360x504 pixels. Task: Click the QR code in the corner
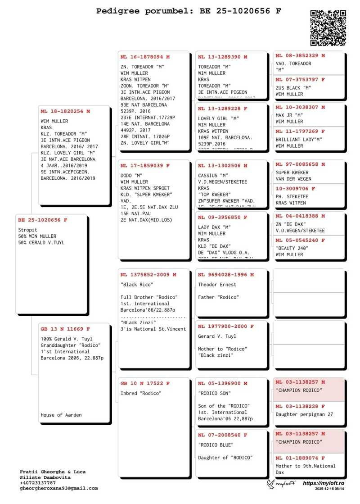tap(328, 27)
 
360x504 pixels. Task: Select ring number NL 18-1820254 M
tap(65, 111)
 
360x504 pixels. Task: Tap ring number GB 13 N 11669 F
tap(65, 329)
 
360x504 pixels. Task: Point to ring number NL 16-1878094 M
tap(145, 57)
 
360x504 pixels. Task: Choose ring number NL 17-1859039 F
tap(145, 166)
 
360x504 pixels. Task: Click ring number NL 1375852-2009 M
tap(148, 275)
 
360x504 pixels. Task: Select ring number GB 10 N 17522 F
tap(145, 383)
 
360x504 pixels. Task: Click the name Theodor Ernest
tap(217, 285)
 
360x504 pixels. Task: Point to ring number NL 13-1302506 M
tap(222, 166)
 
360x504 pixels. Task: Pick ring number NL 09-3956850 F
tap(222, 217)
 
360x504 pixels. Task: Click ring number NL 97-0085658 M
tap(300, 165)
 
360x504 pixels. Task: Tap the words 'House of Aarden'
tap(61, 415)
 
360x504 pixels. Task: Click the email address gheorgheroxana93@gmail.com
tap(58, 488)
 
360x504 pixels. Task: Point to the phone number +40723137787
tap(38, 483)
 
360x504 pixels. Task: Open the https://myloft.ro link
tap(324, 483)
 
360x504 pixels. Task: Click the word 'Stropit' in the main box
tap(27, 230)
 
